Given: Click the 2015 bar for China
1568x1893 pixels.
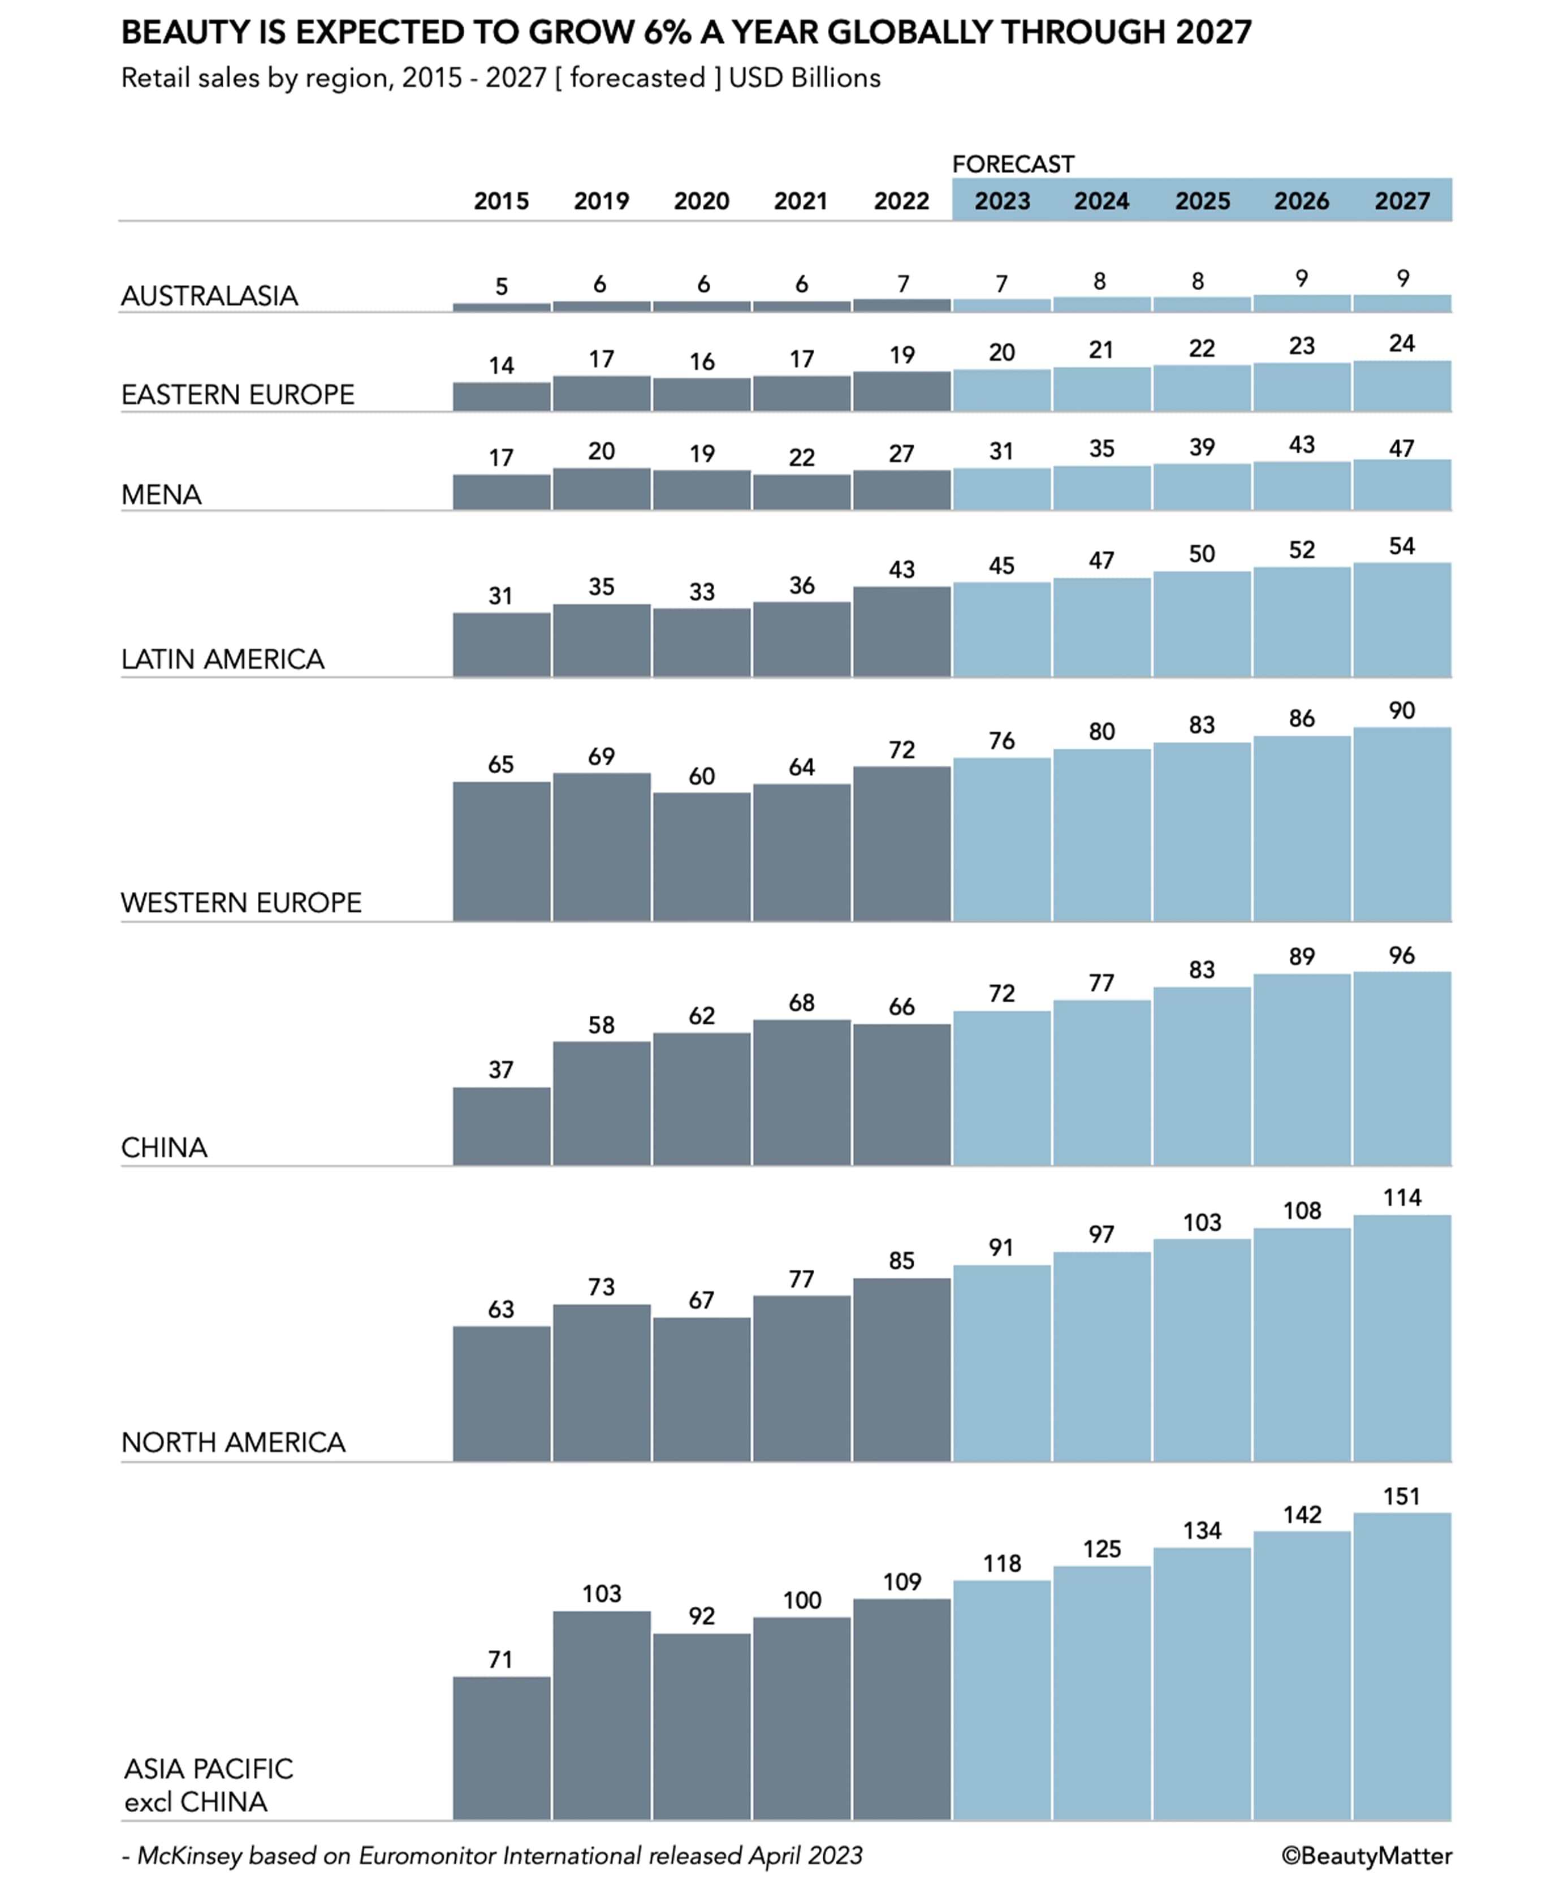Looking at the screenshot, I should coord(501,1126).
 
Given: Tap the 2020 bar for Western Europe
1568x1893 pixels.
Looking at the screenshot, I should coord(701,856).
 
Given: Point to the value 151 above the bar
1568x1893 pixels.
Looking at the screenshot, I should coord(1401,1497).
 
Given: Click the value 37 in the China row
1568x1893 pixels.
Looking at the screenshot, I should coord(501,1070).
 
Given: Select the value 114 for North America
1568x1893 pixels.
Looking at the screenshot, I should coord(1401,1197).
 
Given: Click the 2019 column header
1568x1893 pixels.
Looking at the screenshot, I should coord(601,200).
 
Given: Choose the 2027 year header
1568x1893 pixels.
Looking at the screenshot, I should coord(1401,200).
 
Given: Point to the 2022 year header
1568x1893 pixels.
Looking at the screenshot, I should coord(901,200).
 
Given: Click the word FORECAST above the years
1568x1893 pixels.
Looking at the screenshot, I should coord(1013,164).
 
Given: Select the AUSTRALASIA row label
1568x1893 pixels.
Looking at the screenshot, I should coord(209,296).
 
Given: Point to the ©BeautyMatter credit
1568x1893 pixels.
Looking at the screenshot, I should coord(1366,1856).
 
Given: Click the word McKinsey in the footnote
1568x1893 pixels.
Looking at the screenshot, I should coord(189,1856).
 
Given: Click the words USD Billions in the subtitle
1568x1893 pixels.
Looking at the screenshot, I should coord(805,79).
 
